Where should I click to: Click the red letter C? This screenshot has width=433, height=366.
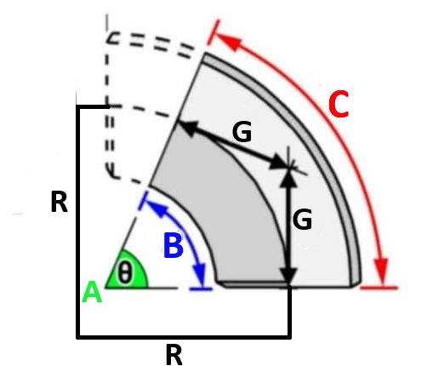pyautogui.click(x=339, y=105)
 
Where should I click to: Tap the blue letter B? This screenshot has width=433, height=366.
pyautogui.click(x=174, y=245)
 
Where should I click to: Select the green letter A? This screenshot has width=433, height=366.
pyautogui.click(x=92, y=292)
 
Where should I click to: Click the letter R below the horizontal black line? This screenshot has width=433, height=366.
pyautogui.click(x=174, y=355)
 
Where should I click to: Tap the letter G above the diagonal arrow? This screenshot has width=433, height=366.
pyautogui.click(x=242, y=131)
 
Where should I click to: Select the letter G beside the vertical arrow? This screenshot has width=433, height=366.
pyautogui.click(x=302, y=219)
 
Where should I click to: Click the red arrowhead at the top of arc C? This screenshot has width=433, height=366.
pyautogui.click(x=229, y=42)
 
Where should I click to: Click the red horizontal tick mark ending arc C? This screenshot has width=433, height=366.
pyautogui.click(x=379, y=288)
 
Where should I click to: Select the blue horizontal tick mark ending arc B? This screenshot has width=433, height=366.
pyautogui.click(x=201, y=289)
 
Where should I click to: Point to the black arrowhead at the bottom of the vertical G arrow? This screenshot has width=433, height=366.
pyautogui.click(x=288, y=275)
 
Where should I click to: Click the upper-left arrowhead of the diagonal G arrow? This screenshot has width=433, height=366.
pyautogui.click(x=188, y=127)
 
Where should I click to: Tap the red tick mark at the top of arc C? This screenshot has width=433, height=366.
pyautogui.click(x=213, y=32)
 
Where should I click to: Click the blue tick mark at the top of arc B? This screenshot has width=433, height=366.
pyautogui.click(x=143, y=201)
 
